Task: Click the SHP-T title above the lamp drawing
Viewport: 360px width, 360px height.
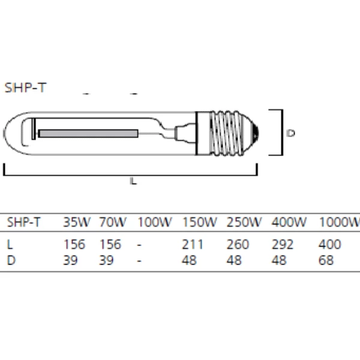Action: coord(25,88)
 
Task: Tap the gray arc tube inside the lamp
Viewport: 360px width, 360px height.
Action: coord(89,133)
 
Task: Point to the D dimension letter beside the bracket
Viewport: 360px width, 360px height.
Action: coord(291,133)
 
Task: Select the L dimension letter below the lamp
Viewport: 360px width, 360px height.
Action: coord(133,181)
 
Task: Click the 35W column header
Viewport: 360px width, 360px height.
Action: coord(77,222)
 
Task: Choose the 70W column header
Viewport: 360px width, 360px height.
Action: coord(113,222)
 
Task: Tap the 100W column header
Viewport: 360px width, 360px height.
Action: coord(155,222)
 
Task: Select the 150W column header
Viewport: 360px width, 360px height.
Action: coord(199,222)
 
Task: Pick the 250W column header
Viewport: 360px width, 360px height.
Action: coord(244,222)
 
